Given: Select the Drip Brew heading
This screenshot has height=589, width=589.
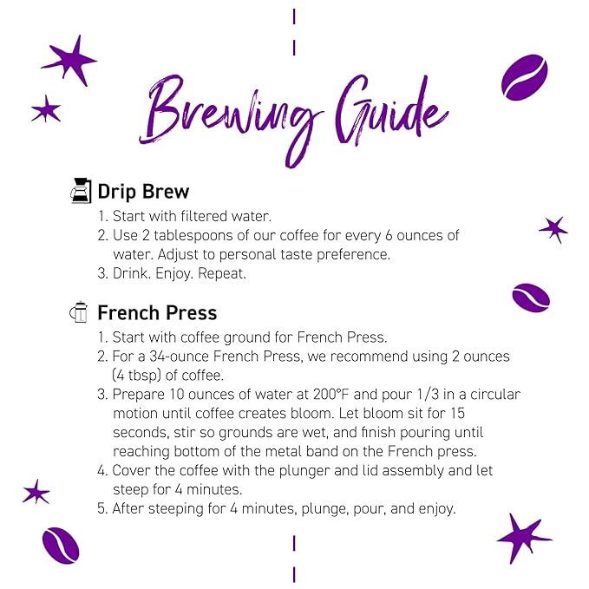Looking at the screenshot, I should [143, 191].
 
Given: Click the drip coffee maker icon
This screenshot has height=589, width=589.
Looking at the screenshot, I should [81, 191].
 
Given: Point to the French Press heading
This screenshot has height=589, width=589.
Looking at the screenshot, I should [157, 312].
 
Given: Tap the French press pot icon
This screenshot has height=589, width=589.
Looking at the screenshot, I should [80, 312].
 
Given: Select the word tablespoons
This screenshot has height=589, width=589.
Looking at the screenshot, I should [196, 236].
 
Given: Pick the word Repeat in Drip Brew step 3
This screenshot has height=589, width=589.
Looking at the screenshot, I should [222, 274].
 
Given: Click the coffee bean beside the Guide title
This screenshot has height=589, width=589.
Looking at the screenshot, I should [524, 77].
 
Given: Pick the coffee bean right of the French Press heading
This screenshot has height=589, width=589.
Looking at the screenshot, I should [530, 297].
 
